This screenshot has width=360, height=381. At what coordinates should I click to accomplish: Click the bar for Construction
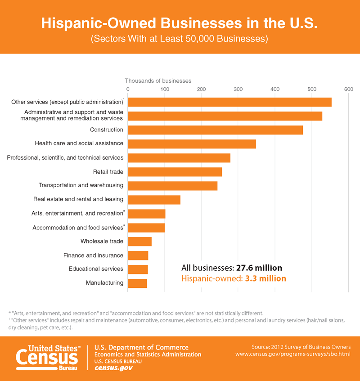point(216,130)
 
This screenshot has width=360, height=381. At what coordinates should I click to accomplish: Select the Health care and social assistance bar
point(192,144)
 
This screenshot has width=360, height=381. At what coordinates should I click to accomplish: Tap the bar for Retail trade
point(175,172)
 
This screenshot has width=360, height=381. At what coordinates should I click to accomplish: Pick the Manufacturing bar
point(138,283)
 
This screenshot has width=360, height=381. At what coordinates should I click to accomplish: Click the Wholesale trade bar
point(140,242)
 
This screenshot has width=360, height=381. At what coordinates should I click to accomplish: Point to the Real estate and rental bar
point(154,200)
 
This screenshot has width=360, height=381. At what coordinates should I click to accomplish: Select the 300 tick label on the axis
point(238,89)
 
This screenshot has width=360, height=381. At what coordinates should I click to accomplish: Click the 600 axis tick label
point(348,89)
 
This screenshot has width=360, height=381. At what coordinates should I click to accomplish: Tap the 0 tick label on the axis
point(128,89)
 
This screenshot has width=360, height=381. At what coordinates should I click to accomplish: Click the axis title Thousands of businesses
point(158,81)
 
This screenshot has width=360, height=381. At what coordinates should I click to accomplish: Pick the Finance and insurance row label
point(93,255)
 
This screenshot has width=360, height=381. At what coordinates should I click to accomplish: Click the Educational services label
point(96,269)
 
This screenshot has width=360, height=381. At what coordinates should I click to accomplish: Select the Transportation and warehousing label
point(81,185)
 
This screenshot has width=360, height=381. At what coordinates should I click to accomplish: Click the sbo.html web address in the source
point(293,354)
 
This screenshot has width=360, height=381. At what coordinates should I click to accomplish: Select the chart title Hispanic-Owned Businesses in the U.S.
point(180,23)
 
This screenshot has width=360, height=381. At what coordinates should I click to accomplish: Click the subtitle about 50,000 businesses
point(180,39)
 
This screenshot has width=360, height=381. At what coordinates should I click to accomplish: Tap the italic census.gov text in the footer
point(113,368)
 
